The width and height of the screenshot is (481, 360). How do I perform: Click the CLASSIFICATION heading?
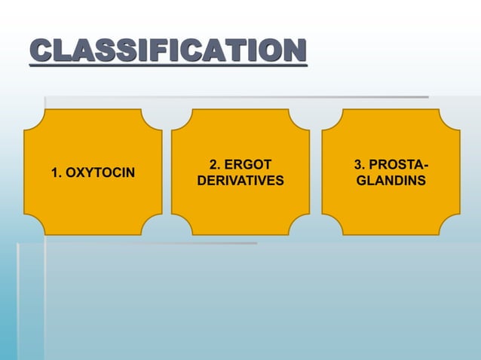point(168,52)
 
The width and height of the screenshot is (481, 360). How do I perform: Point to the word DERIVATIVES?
point(240,182)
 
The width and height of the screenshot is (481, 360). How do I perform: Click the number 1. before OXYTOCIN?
point(57,174)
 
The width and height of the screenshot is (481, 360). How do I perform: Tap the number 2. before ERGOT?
point(215,164)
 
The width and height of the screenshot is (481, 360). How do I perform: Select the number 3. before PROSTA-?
point(360,164)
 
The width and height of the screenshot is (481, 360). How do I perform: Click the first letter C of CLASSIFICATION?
point(41,52)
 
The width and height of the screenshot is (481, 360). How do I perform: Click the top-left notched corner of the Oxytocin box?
point(33,118)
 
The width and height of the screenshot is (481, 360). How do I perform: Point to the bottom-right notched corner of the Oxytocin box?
point(153,226)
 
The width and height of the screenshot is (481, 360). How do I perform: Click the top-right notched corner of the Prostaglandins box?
point(451,118)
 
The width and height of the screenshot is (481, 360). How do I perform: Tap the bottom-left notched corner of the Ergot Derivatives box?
point(181,226)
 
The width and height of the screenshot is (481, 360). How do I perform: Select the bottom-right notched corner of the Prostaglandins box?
point(451,226)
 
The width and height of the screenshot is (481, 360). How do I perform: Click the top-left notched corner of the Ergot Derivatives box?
point(181,118)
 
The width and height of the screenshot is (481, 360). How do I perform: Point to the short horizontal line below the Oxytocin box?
point(151,243)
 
